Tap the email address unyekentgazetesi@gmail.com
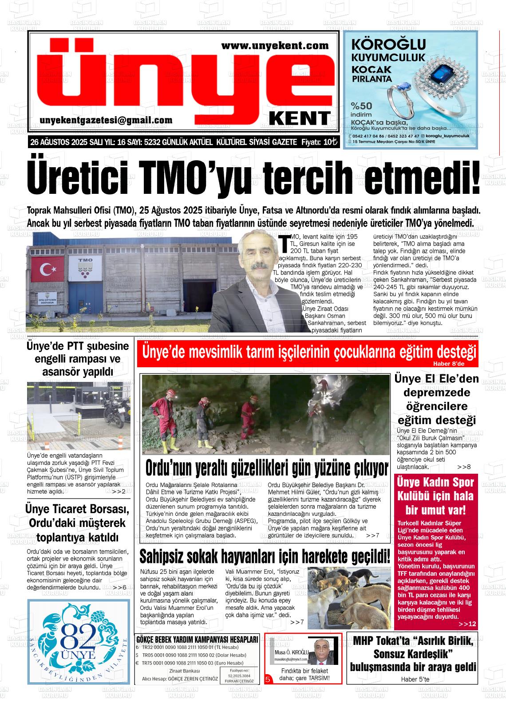(106, 120)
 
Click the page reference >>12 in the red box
(467, 624)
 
